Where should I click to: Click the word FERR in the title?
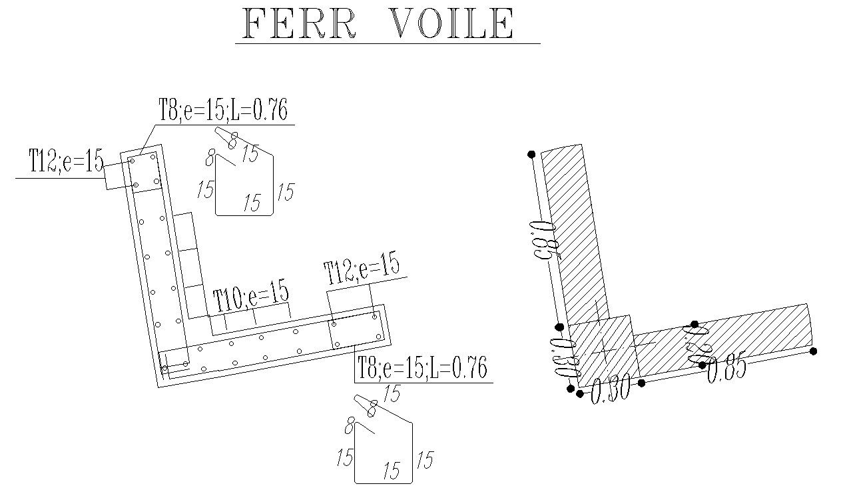click(300, 24)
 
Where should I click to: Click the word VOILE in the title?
click(452, 24)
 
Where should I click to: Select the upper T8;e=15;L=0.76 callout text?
click(223, 110)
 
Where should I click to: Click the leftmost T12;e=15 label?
click(66, 162)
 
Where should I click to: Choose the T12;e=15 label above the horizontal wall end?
click(362, 270)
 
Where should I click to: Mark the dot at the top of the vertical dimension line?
click(531, 155)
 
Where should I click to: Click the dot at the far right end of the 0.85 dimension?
click(813, 351)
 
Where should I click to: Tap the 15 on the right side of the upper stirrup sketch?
click(285, 193)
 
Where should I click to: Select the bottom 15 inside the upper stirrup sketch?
click(252, 203)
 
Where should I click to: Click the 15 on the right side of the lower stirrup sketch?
click(424, 460)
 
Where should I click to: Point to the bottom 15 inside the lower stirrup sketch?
click(392, 471)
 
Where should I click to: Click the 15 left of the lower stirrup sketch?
click(344, 459)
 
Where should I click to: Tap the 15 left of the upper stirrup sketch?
click(205, 189)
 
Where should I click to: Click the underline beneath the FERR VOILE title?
click(387, 44)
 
